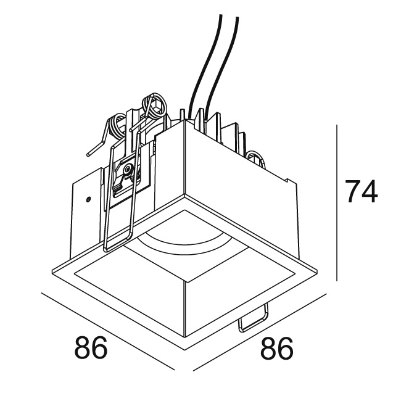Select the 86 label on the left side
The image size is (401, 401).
(91, 349)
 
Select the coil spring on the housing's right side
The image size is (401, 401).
(255, 159)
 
